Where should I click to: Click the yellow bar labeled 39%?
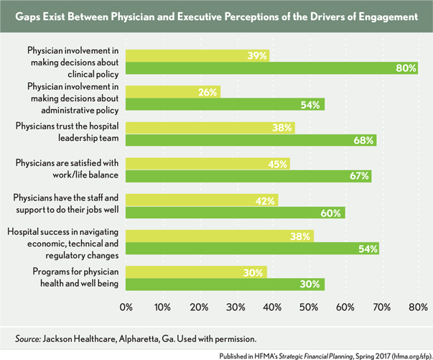click(197, 55)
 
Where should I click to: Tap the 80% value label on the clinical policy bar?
click(406, 68)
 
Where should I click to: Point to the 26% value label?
click(208, 91)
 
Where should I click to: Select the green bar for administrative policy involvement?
click(225, 105)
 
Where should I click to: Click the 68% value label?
click(363, 141)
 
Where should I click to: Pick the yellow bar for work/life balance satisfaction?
click(208, 164)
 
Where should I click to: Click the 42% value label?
click(266, 200)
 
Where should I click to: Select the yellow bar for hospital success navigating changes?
click(220, 236)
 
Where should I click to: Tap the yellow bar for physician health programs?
click(196, 272)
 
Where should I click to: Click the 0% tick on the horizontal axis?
click(126, 308)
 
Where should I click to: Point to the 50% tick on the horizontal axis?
click(309, 308)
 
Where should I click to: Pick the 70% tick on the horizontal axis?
click(382, 308)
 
